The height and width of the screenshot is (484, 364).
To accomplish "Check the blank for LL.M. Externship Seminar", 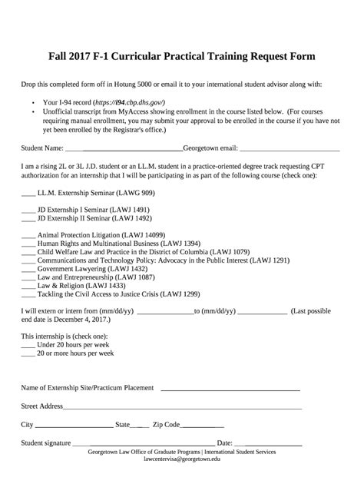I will pos(28,193).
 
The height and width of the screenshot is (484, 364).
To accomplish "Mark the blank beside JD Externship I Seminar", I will pos(28,209).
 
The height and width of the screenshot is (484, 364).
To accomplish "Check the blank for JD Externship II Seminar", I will pos(28,217).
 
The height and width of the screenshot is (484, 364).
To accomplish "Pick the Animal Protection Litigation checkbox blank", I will pos(28,234).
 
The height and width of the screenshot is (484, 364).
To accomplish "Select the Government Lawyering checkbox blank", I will pos(28,269).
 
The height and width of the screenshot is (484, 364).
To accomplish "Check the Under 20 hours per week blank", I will pos(28,345).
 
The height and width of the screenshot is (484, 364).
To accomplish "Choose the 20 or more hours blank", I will pos(28,353).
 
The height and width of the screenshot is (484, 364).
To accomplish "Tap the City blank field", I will pos(74,425).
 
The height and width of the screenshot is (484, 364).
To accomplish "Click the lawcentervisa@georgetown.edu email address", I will pos(182,461).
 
